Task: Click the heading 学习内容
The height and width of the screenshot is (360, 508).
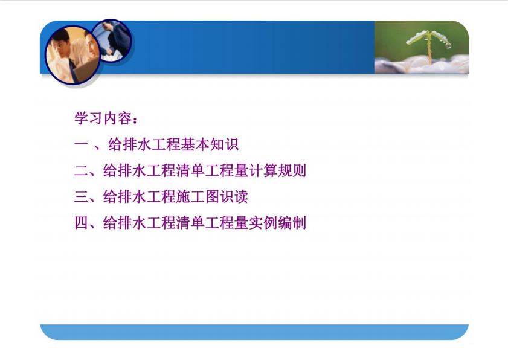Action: [x=103, y=118]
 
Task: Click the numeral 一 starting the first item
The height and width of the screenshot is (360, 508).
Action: [x=81, y=144]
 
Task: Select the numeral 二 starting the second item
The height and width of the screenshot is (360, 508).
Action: [x=81, y=171]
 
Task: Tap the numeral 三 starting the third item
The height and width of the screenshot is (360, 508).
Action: [x=81, y=197]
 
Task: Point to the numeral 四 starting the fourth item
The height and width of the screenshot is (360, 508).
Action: [x=81, y=223]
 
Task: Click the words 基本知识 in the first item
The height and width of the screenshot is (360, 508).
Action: [x=210, y=144]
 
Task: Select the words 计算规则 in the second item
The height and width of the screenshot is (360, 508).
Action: [x=278, y=170]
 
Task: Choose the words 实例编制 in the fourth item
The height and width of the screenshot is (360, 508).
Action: [x=278, y=223]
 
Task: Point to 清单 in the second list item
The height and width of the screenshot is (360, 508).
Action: [x=190, y=170]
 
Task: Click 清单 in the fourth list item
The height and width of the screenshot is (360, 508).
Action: [x=190, y=223]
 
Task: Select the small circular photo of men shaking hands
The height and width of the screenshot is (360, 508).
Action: [x=112, y=41]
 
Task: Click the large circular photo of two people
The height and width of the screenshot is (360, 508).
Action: [x=72, y=55]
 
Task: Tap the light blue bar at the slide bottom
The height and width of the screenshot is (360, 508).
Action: [x=254, y=332]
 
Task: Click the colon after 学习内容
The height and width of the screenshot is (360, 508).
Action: [x=135, y=120]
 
